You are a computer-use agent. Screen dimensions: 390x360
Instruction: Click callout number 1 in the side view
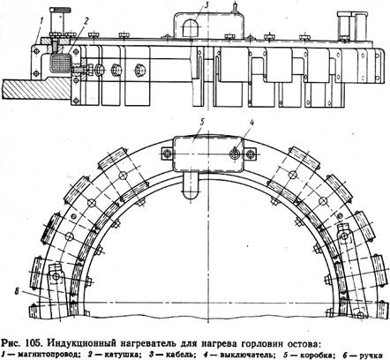(x=42, y=21)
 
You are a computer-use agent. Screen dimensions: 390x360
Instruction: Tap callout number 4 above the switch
(x=251, y=124)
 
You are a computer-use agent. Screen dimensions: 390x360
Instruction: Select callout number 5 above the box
(x=202, y=124)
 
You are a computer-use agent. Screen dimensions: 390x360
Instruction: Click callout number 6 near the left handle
(x=17, y=291)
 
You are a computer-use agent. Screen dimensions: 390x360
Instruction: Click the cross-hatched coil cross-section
(x=61, y=64)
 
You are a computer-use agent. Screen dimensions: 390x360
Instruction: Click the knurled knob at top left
(x=60, y=11)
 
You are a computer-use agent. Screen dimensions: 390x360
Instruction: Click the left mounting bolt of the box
(x=169, y=154)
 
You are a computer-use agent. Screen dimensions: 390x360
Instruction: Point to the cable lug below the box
(x=191, y=186)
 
